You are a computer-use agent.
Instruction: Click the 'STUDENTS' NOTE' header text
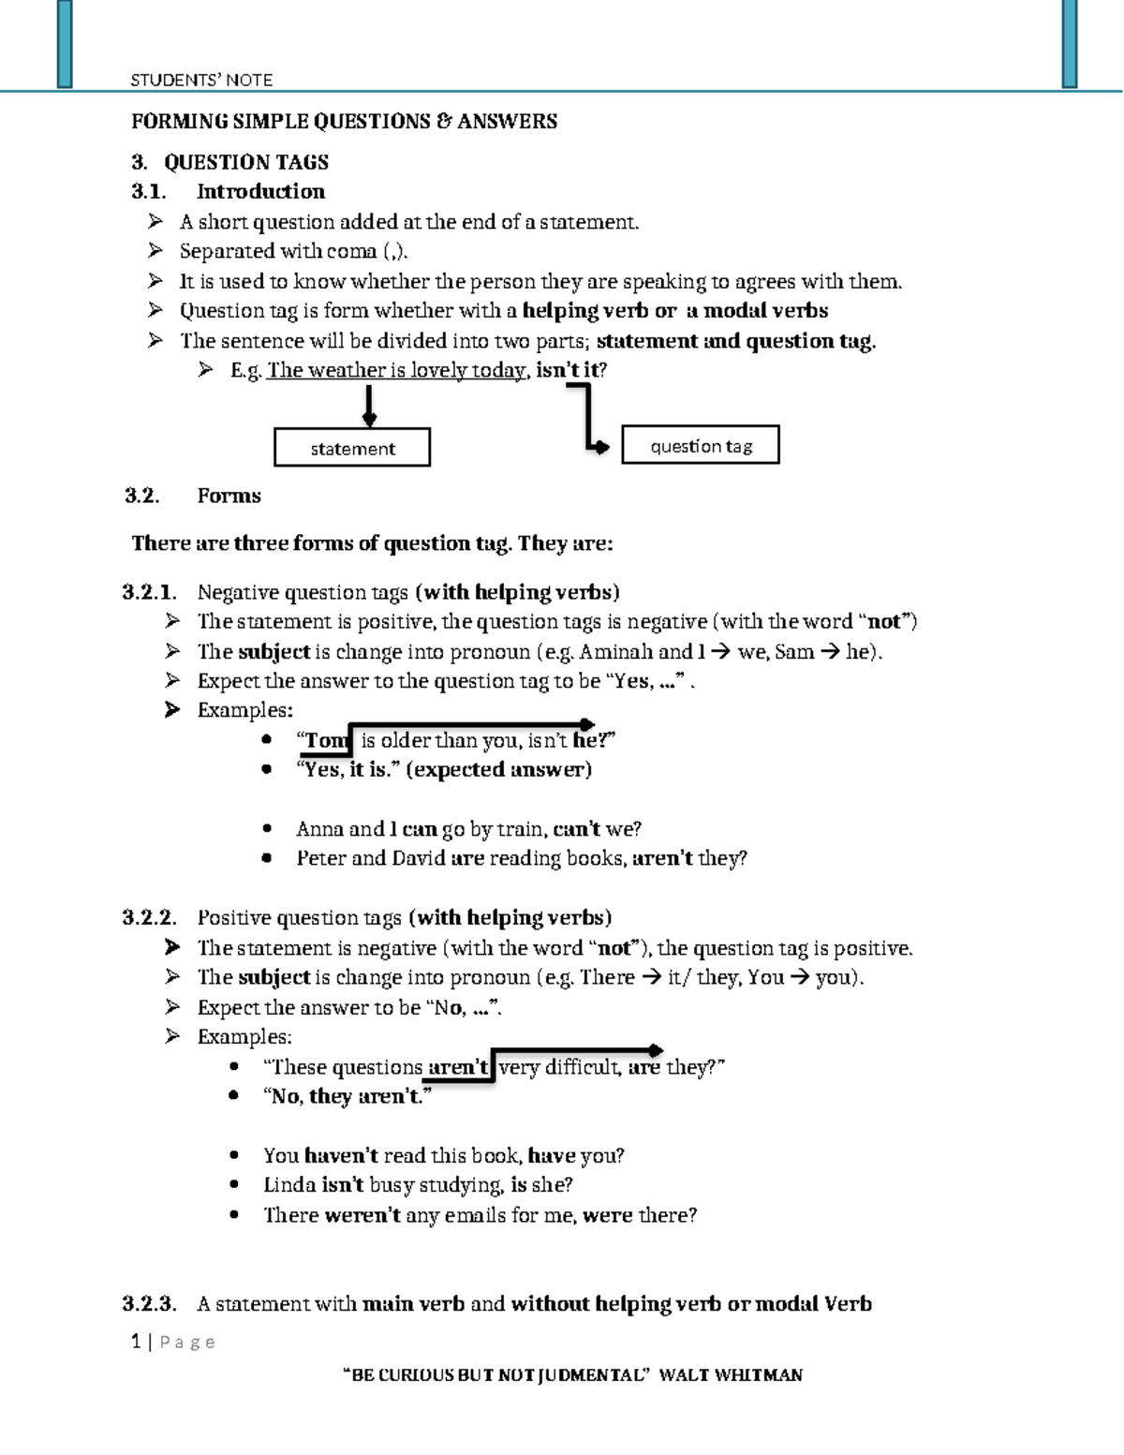201,81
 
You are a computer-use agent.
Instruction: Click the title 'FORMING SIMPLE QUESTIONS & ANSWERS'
344,122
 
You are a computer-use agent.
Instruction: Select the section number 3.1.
148,192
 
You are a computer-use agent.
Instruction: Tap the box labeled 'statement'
352,448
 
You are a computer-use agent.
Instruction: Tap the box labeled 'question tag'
701,446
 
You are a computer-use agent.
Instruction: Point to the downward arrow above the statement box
370,407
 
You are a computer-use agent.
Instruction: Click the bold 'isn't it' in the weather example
567,371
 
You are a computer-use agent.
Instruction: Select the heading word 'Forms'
229,496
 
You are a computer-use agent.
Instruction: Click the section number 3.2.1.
149,592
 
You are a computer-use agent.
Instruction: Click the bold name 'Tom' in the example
324,741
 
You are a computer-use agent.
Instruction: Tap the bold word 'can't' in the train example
576,829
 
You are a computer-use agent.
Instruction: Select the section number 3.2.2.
149,918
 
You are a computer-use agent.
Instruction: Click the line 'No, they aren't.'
348,1097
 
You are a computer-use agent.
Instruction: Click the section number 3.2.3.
149,1304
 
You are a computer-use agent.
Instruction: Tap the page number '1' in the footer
137,1342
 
